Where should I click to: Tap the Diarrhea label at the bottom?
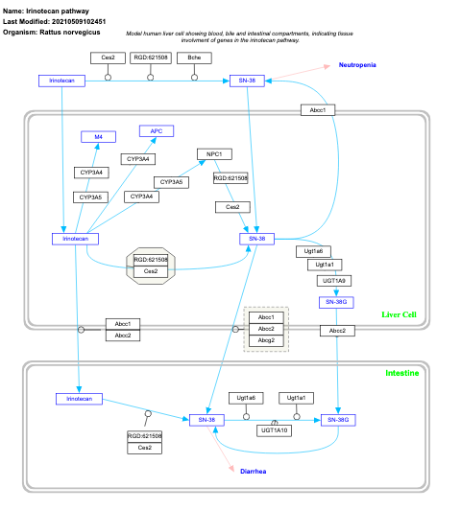point(253,472)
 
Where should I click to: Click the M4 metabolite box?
point(98,137)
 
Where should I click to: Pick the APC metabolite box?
point(156,130)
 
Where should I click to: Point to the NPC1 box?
point(213,153)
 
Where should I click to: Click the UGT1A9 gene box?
point(335,280)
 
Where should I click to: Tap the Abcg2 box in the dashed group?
point(266,340)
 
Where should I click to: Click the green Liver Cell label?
point(399,314)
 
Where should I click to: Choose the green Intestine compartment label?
point(401,372)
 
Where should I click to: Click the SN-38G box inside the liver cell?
point(335,301)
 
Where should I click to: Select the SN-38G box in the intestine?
point(337,420)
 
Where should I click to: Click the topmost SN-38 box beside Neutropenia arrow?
point(245,81)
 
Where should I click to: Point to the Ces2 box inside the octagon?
point(150,271)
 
